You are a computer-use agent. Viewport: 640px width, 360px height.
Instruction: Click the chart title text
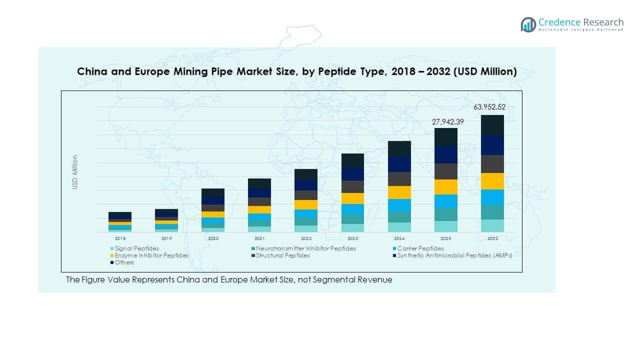296,71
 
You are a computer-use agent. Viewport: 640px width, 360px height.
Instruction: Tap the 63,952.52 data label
492,107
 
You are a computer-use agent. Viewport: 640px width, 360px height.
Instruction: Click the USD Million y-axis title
75,172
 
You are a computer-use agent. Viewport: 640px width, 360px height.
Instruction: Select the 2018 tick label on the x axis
120,239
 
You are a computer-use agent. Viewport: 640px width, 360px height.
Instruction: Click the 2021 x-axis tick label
259,239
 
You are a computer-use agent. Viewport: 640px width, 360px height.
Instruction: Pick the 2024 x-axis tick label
399,239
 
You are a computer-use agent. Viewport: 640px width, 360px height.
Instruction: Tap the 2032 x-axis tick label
492,239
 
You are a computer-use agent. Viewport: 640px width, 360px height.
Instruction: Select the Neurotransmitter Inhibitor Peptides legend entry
305,248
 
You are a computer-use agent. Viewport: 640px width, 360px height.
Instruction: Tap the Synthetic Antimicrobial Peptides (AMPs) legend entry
454,255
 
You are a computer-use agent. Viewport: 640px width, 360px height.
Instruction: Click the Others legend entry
124,262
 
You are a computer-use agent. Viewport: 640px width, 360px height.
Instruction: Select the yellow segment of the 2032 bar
492,181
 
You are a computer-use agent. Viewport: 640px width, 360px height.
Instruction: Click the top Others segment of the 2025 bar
445,137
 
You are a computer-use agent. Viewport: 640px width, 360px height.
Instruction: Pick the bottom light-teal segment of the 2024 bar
399,227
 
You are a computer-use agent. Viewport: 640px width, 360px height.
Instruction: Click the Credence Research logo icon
528,24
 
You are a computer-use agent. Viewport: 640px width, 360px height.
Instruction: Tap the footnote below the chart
229,280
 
